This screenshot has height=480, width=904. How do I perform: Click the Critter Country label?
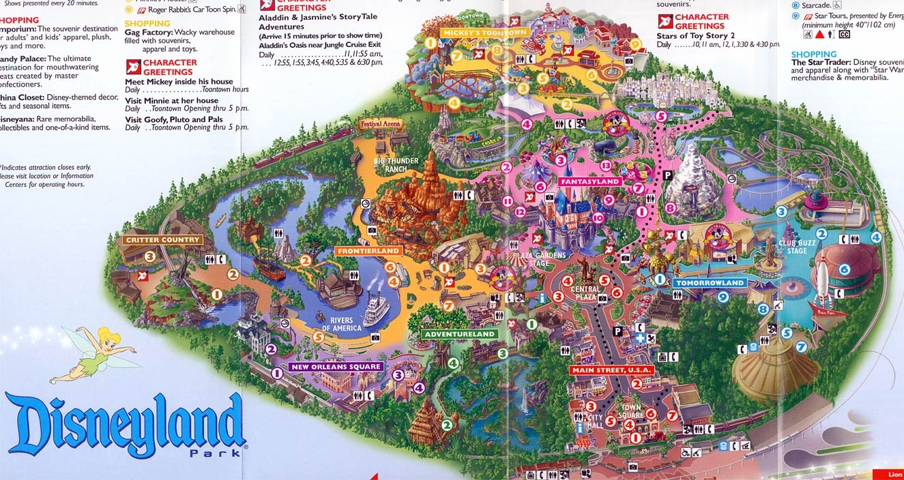(162, 240)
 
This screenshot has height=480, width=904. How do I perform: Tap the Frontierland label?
(367, 252)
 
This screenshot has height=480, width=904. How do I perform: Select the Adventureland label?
(458, 335)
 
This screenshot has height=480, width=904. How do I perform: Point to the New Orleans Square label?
(336, 367)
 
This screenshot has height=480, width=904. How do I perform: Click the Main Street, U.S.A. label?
(612, 370)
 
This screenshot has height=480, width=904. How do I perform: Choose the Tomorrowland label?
(710, 283)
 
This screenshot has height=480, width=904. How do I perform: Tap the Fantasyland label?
(590, 182)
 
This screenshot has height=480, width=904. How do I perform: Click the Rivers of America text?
(337, 325)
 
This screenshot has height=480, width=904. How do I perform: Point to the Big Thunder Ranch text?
(396, 165)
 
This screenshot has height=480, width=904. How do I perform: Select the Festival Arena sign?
(380, 125)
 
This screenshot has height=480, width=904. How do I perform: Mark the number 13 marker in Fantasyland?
(605, 166)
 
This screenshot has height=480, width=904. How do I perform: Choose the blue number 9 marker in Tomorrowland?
(723, 296)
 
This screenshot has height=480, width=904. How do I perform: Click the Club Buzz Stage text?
(797, 247)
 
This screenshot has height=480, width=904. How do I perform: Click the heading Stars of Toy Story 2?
(695, 35)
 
